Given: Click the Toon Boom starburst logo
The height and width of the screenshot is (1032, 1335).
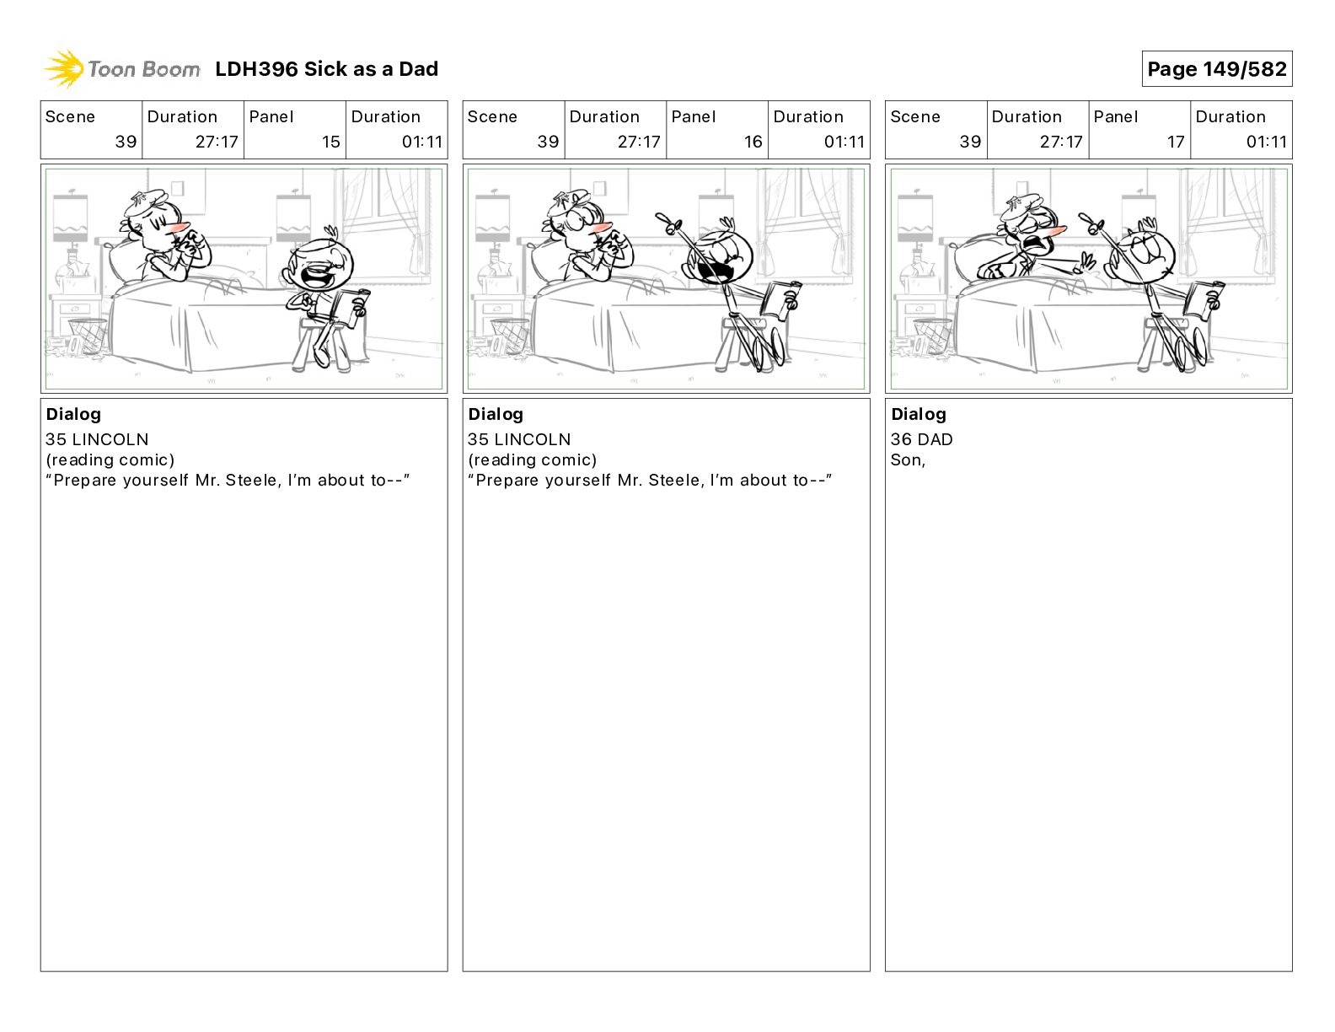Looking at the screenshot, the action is [x=64, y=69].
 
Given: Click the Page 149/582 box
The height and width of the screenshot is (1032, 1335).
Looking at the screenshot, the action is [x=1216, y=69].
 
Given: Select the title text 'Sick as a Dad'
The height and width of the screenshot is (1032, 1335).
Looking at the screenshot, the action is [x=371, y=69].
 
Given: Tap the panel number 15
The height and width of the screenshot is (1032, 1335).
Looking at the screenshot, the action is [x=330, y=142].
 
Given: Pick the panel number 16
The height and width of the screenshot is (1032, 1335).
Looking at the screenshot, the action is [x=753, y=142].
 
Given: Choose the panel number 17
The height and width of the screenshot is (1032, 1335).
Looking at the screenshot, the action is [x=1175, y=142].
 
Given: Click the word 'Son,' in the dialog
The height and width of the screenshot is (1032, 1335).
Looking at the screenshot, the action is [x=908, y=460].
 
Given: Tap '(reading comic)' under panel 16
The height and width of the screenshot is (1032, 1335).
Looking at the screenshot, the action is [x=532, y=460].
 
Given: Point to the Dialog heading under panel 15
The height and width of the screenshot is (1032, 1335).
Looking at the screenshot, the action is [x=73, y=414].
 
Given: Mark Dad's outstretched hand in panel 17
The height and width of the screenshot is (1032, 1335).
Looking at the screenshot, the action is [x=1085, y=263].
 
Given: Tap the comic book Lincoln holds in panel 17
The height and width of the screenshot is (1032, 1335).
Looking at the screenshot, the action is [x=1203, y=300].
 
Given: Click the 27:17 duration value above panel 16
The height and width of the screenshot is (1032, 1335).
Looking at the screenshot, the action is [x=639, y=142].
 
